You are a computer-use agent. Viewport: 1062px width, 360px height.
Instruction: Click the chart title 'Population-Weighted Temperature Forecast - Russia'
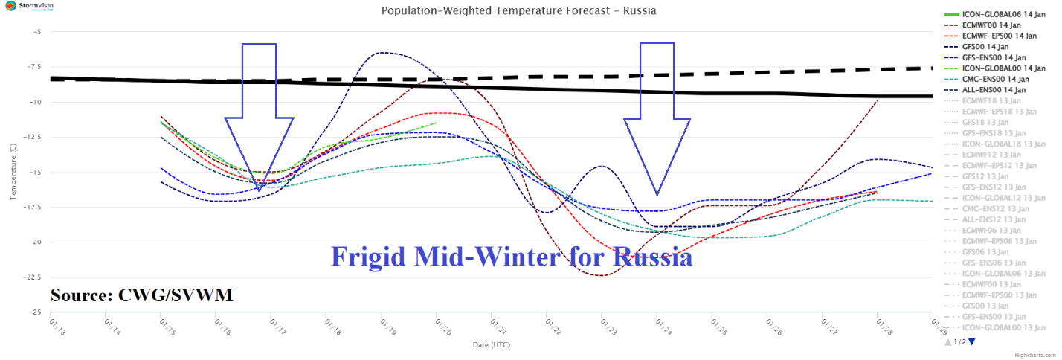(518, 11)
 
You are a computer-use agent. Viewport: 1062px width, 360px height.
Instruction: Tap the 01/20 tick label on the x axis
(436, 327)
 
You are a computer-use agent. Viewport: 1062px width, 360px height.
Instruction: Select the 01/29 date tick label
(933, 327)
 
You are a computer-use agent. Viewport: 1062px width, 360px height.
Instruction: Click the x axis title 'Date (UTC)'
(492, 345)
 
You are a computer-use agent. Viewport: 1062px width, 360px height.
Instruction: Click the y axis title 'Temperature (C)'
(13, 172)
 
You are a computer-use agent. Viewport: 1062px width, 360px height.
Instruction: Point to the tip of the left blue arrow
(259, 190)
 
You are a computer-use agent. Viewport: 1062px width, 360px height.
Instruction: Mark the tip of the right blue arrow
(657, 194)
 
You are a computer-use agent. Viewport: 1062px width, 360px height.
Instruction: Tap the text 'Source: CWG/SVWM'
(141, 295)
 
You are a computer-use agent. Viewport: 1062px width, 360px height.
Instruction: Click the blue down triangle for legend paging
(971, 342)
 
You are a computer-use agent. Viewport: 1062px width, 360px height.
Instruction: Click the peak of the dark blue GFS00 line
(383, 52)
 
